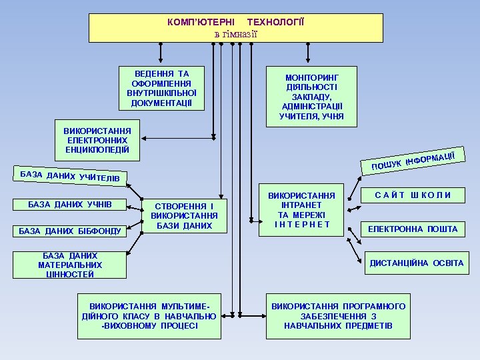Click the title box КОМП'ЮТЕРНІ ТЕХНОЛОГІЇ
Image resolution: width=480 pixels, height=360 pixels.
coord(236,28)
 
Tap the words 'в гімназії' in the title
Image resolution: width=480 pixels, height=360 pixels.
coord(236,34)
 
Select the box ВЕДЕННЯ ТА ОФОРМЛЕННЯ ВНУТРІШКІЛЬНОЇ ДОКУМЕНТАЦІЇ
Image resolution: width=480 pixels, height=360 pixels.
coord(161,88)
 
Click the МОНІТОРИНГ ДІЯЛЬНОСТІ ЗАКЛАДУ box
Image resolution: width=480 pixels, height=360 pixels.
coord(311,97)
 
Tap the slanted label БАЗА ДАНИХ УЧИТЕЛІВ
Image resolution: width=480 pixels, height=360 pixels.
coord(70,175)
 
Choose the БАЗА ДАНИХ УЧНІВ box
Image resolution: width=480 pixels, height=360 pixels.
coord(69,204)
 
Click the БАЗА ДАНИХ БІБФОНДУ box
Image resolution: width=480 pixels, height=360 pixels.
coord(70,231)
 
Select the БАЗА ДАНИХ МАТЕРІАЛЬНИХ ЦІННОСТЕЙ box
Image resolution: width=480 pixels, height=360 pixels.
coord(70,265)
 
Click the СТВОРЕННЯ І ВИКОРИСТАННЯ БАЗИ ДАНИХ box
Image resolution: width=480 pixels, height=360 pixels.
coord(185,216)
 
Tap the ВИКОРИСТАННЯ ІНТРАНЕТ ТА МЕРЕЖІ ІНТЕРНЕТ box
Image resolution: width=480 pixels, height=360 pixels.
coord(301,210)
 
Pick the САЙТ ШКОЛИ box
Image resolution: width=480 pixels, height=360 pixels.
coord(413,195)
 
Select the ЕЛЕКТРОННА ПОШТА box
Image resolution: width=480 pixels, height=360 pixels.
coord(413,229)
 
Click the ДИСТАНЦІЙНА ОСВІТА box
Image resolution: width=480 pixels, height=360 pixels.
coord(416,263)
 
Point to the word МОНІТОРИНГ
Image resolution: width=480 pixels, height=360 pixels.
coord(311,78)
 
